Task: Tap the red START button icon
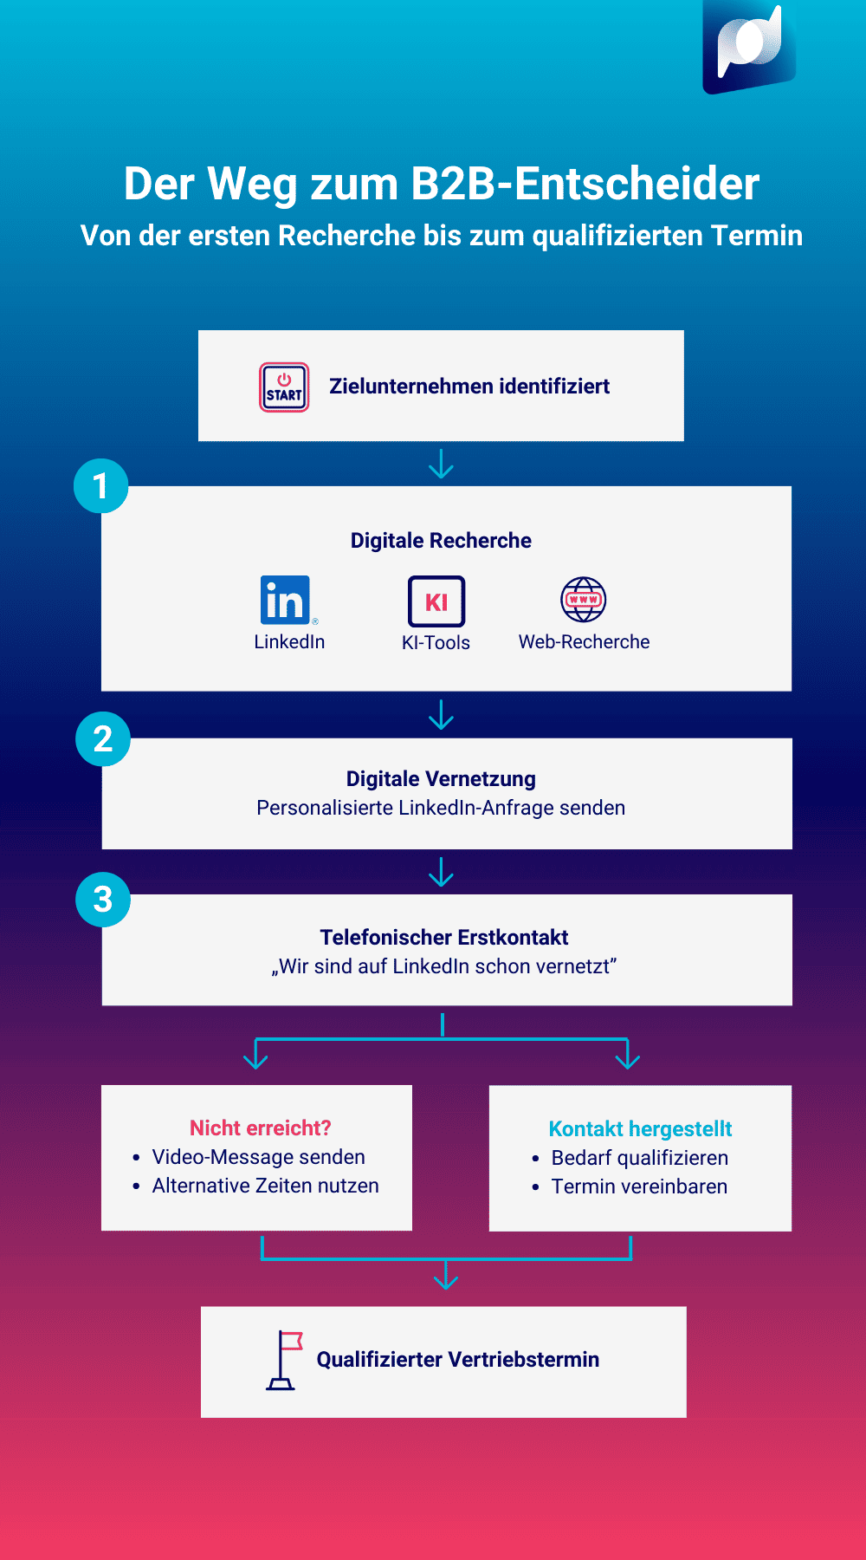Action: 284,387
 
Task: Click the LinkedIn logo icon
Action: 285,600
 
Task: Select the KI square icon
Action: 436,601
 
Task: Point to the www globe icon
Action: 584,600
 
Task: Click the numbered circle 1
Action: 101,486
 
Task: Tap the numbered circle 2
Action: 103,739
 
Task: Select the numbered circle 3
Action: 103,900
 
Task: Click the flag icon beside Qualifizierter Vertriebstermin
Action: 284,1360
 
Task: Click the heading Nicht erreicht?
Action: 260,1128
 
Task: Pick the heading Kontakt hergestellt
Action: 640,1128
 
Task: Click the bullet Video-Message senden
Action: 258,1157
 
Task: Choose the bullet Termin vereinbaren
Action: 639,1186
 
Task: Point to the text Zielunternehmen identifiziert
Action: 469,387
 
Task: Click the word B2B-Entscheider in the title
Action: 585,184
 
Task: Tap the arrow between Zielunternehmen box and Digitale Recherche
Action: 442,464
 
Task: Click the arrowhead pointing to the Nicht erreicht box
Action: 255,1059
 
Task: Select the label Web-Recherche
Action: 584,642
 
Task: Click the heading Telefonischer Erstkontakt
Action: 443,938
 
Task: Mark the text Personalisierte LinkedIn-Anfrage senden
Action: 441,808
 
